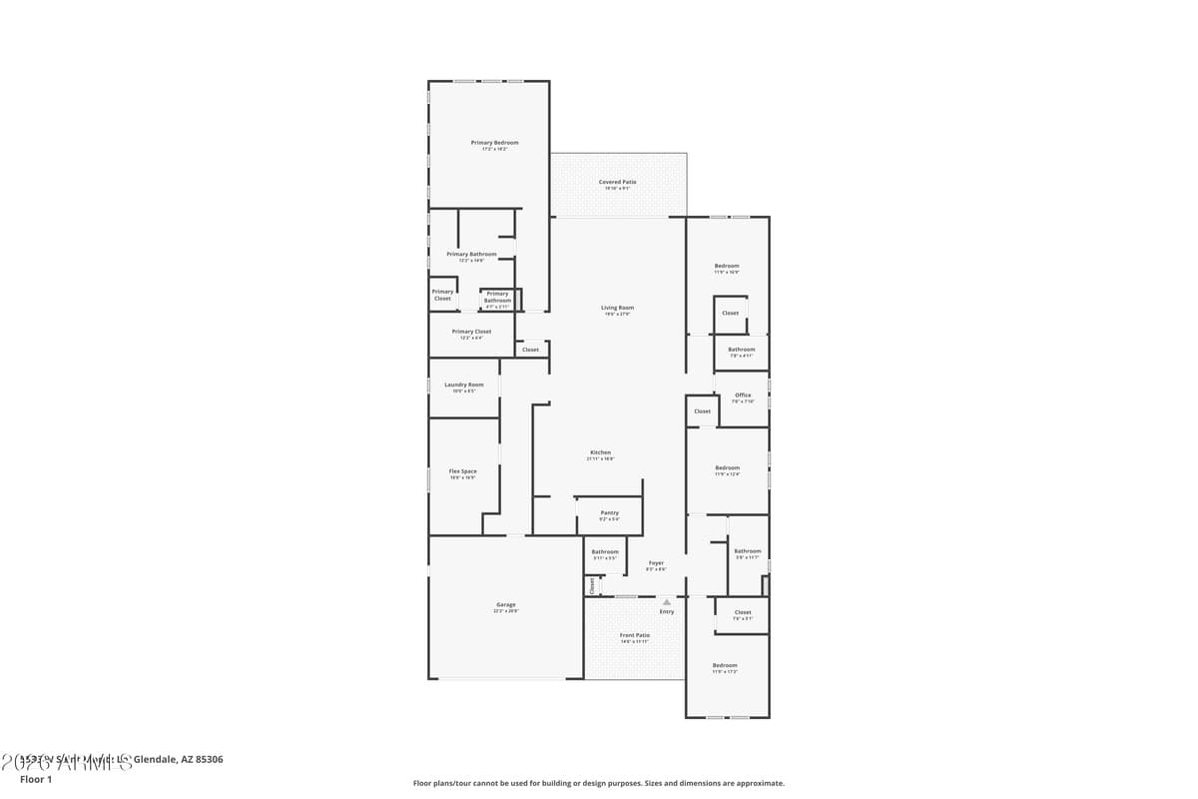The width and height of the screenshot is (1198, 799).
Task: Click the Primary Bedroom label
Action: [x=494, y=143]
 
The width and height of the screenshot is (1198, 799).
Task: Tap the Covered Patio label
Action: [x=617, y=182]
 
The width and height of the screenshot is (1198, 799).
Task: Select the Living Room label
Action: [x=617, y=308]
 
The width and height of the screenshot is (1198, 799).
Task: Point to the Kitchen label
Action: [x=600, y=452]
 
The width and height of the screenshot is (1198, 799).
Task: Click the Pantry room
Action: [x=609, y=515]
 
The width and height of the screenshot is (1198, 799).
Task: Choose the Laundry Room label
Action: [x=464, y=385]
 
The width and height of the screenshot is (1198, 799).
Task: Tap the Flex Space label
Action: [x=462, y=471]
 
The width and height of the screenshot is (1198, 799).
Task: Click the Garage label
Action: [x=506, y=604]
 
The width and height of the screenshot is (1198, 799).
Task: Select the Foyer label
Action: [x=656, y=563]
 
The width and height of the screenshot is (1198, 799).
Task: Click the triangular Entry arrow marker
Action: [x=667, y=601]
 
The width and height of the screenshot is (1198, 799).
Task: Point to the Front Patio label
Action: [x=634, y=635]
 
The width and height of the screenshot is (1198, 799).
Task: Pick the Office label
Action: [x=743, y=395]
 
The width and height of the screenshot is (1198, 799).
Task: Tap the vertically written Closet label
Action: [x=592, y=586]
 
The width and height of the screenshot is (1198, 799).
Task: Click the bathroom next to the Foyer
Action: [x=604, y=554]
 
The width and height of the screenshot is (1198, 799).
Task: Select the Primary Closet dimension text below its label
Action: [x=471, y=338]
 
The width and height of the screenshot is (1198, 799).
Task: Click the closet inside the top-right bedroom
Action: [x=730, y=313]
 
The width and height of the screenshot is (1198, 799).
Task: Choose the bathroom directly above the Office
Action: [x=741, y=352]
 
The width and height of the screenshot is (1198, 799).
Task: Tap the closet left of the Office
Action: [x=702, y=410]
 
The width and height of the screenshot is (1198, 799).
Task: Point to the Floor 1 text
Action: [x=35, y=779]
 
